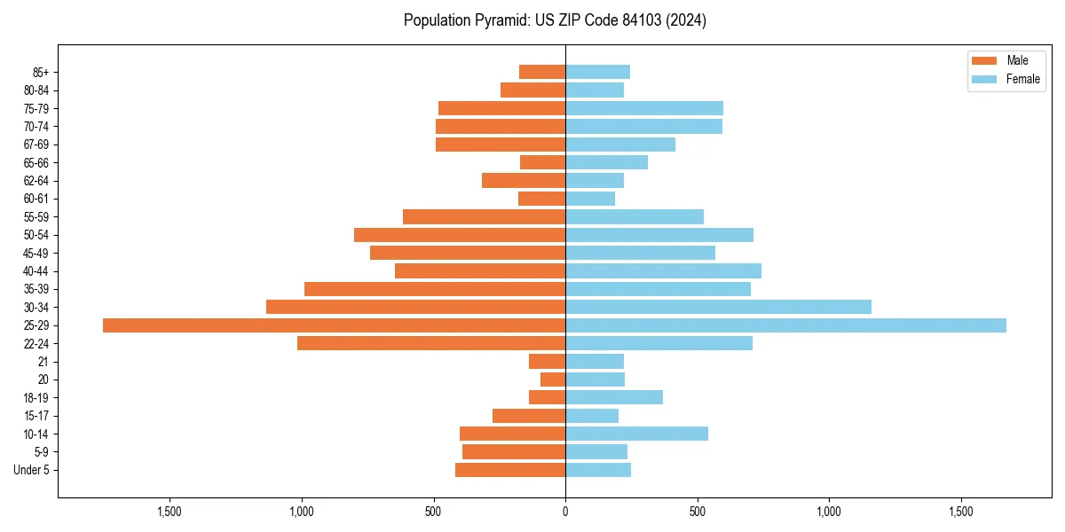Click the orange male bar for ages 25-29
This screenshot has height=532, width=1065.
tap(334, 325)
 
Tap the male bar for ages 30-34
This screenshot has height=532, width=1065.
tap(415, 307)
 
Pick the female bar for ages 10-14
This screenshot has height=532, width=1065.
tap(636, 434)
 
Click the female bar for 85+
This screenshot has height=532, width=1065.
tap(597, 72)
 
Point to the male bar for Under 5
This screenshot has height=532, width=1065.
tap(510, 470)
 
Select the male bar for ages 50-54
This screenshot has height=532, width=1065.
tap(460, 235)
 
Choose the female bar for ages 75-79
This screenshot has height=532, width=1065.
tap(644, 108)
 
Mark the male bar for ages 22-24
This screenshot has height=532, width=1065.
tap(431, 343)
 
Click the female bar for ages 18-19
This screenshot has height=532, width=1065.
tap(614, 397)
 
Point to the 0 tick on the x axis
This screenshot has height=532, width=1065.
tap(565, 512)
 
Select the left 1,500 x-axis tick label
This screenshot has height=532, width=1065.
tap(170, 512)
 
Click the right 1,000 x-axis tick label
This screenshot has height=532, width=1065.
tap(829, 512)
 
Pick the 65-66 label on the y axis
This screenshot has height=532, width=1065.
tap(36, 162)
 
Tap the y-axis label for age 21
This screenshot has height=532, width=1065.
tap(43, 362)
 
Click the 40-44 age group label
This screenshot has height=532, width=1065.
tap(36, 271)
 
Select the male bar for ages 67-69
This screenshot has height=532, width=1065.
tap(501, 145)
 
